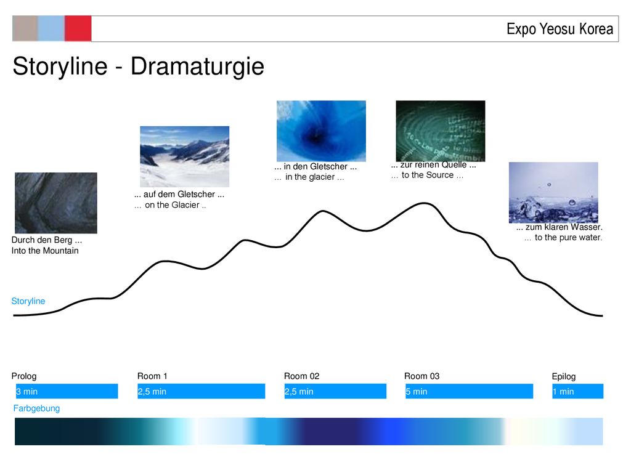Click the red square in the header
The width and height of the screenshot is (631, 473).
78,28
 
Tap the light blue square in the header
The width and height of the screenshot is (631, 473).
51,28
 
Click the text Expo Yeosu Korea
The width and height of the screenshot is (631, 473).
560,29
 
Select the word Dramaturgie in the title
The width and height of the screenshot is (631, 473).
197,67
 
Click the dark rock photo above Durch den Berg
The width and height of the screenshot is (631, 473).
56,203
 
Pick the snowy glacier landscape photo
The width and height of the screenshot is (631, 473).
185,156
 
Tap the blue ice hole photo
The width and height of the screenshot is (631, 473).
321,131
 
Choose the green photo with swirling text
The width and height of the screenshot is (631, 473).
440,131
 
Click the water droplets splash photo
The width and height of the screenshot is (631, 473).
553,193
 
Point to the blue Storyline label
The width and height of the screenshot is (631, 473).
28,301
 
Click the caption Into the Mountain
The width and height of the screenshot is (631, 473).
45,251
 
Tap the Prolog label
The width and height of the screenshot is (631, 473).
24,376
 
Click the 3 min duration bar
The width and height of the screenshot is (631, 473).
67,391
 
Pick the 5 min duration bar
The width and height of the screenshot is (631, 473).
469,391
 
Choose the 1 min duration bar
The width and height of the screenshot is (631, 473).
578,391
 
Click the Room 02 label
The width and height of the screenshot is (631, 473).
302,376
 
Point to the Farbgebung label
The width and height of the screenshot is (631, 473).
36,409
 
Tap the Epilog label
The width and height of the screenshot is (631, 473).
564,376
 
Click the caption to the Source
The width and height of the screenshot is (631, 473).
428,176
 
